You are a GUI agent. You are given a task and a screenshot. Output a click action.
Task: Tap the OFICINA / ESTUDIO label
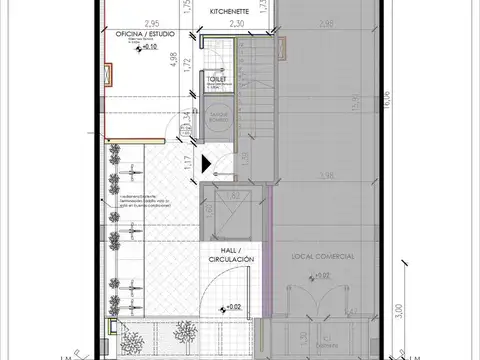pyautogui.click(x=141, y=35)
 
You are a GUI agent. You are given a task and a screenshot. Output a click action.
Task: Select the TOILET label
pyautogui.click(x=217, y=76)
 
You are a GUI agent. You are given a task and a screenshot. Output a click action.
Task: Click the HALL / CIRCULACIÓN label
pyautogui.click(x=230, y=255)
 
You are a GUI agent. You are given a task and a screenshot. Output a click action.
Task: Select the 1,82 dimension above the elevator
pyautogui.click(x=236, y=196)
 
